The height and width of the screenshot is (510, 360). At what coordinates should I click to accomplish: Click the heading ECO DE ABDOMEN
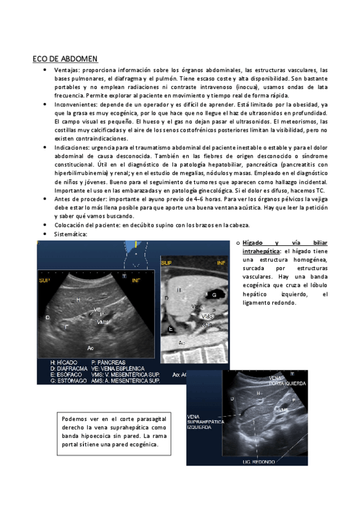click(66, 59)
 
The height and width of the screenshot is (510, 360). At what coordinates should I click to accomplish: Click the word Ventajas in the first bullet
click(67, 70)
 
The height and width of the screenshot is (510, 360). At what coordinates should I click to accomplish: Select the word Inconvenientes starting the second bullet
click(75, 104)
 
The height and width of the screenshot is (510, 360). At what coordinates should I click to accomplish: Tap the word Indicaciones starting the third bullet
click(72, 147)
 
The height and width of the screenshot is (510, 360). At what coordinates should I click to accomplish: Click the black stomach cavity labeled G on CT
click(215, 294)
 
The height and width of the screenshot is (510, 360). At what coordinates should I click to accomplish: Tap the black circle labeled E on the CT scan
click(171, 329)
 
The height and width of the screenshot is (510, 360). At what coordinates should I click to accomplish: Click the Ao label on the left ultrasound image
click(90, 348)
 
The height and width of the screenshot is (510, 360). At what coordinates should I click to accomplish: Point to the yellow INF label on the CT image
click(221, 262)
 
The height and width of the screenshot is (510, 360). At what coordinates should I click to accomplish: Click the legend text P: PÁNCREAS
click(107, 363)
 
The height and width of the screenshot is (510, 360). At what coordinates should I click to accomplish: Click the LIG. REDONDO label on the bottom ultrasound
click(259, 462)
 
